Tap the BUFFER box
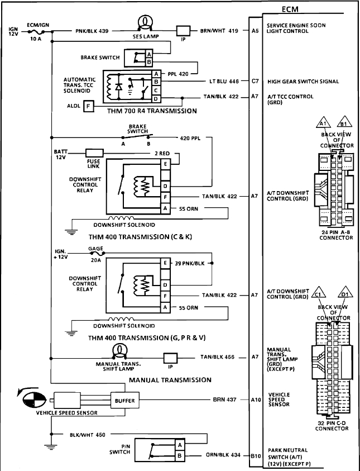tap(124, 400)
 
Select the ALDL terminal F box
tap(88, 104)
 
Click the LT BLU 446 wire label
tap(224, 82)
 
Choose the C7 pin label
tap(255, 82)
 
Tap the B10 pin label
tap(255, 455)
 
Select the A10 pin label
tap(255, 400)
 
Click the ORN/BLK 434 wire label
tap(223, 455)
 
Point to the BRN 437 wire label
tap(226, 400)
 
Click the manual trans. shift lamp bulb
tap(118, 350)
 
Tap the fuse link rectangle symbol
tap(94, 151)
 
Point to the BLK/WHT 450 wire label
tap(88, 434)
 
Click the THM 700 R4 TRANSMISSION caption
tap(152, 111)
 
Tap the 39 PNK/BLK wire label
tap(189, 263)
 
